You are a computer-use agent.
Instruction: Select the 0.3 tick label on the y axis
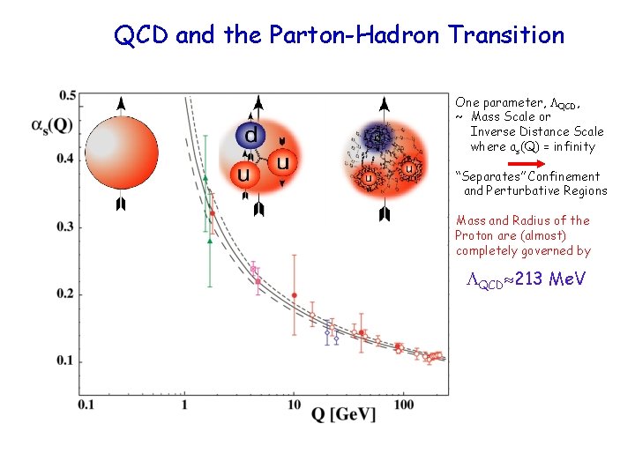coord(66,227)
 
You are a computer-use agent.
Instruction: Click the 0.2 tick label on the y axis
coord(66,294)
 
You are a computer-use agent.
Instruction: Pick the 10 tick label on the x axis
coord(294,405)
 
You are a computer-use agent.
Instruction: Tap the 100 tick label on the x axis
coord(405,405)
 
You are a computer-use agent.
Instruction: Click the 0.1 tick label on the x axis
coord(86,405)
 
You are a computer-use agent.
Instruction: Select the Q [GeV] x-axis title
coord(343,413)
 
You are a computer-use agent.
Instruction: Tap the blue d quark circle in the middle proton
coord(250,136)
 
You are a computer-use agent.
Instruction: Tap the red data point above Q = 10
coord(294,295)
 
